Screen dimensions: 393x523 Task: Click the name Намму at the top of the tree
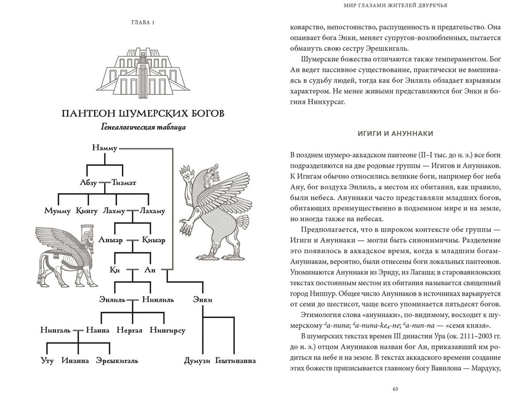coord(105,149)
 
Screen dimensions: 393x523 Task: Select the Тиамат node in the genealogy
coord(123,183)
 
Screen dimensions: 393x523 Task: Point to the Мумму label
coord(57,211)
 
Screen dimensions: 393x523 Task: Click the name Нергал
coord(129,330)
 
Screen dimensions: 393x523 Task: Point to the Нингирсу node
coord(167,330)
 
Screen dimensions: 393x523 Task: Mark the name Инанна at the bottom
coord(76,361)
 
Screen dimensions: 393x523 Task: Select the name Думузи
coord(197,361)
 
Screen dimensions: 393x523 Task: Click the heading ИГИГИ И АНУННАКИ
coord(395,134)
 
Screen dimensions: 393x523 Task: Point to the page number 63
coord(395,388)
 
